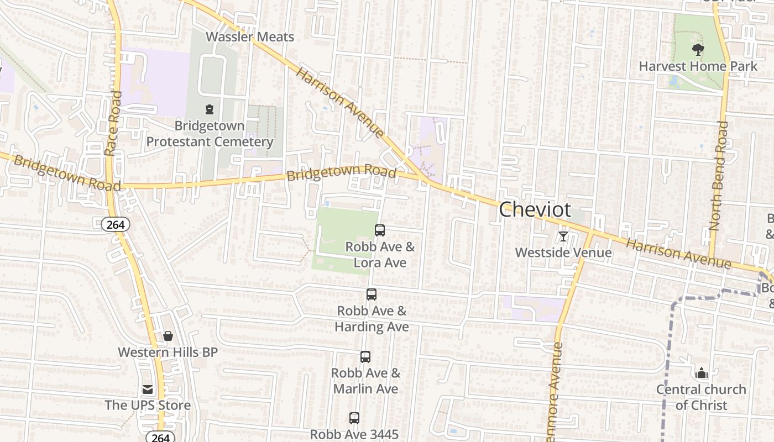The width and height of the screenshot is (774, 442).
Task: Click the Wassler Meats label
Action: (250, 37)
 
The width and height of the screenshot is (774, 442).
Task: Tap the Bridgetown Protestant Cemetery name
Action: (210, 134)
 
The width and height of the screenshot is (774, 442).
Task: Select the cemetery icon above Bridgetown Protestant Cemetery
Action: (210, 109)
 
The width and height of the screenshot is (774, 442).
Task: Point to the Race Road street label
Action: (112, 123)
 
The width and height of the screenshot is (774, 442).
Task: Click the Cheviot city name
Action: (535, 210)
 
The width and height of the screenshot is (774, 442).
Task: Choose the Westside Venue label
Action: (563, 252)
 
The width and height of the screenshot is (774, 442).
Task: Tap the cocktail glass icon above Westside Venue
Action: (563, 236)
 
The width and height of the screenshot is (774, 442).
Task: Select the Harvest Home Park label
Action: (698, 66)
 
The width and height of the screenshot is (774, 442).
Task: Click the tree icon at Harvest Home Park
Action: (698, 50)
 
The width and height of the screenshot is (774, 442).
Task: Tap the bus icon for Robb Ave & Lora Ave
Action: (380, 230)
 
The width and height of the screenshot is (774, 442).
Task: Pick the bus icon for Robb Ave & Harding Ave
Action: (372, 294)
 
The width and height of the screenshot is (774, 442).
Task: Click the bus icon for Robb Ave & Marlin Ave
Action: (365, 357)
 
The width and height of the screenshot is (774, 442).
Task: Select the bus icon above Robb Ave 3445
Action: (354, 418)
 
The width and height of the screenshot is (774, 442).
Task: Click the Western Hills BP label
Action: (168, 352)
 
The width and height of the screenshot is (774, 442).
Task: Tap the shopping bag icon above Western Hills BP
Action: (168, 336)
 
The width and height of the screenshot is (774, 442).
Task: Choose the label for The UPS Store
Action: (148, 405)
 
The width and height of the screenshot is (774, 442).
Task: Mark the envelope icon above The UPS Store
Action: (148, 390)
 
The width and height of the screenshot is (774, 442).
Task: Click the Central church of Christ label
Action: (701, 397)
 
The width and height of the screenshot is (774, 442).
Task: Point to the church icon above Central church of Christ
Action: (702, 373)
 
